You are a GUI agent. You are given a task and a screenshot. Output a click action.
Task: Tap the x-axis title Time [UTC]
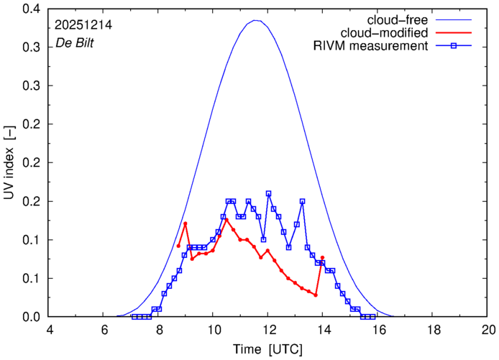(x=267, y=349)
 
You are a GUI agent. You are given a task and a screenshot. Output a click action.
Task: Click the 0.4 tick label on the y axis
(x=31, y=9)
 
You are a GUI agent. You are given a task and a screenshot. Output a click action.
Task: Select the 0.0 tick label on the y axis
(x=31, y=317)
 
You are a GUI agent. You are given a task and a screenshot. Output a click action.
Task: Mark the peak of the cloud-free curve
(x=256, y=21)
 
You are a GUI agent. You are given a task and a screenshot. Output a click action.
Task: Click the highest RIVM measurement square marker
(x=269, y=193)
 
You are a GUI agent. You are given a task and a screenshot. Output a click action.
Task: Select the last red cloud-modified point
(x=323, y=257)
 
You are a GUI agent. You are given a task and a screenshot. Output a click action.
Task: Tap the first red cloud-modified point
(x=178, y=246)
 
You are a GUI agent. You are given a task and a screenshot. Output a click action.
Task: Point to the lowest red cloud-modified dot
(x=316, y=295)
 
